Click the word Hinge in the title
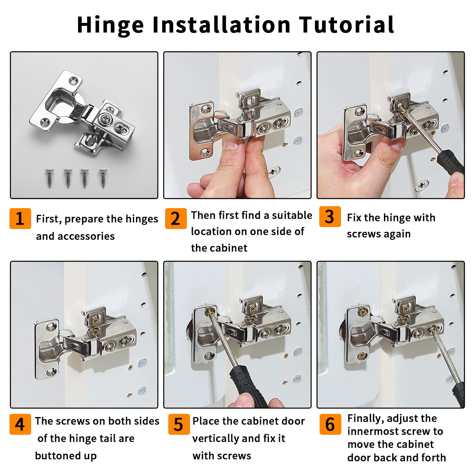pos(110,25)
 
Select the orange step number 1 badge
pos(20,218)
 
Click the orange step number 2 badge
pos(175,218)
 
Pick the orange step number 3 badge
pos(330,216)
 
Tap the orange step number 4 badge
pos(20,424)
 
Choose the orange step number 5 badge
pos(179,424)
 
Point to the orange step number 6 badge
pos(330,424)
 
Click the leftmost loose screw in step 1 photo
pos(49,179)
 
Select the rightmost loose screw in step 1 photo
pos(103,179)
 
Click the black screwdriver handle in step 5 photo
pos(248,386)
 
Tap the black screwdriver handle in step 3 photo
pos(451,162)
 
